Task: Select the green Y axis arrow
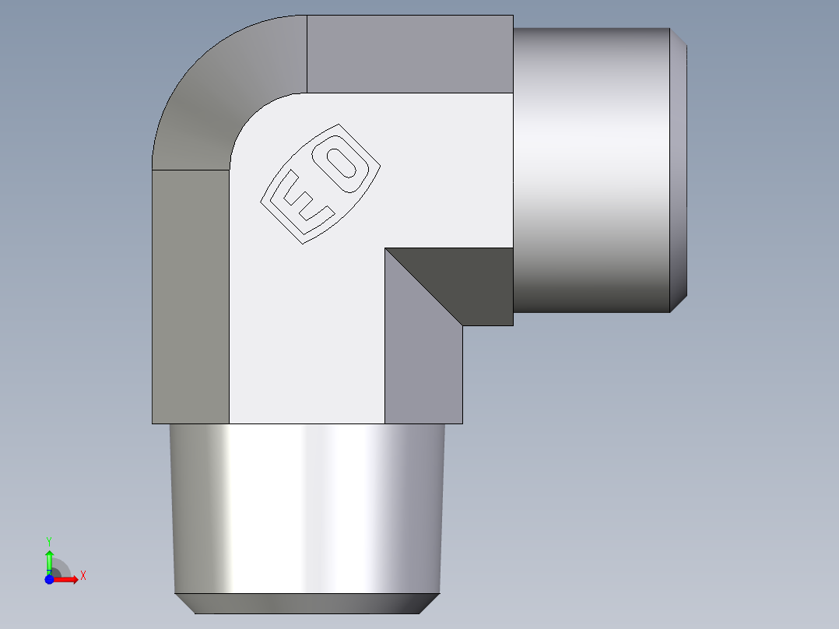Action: tap(49, 560)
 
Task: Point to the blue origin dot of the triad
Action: tap(49, 580)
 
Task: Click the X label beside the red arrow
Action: tap(82, 576)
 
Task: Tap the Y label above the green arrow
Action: tap(49, 540)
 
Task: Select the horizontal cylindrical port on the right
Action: tap(592, 170)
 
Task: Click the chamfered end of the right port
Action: tap(679, 170)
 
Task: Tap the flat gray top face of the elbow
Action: tap(409, 54)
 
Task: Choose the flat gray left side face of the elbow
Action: tap(191, 296)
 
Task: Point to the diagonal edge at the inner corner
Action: tap(423, 286)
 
